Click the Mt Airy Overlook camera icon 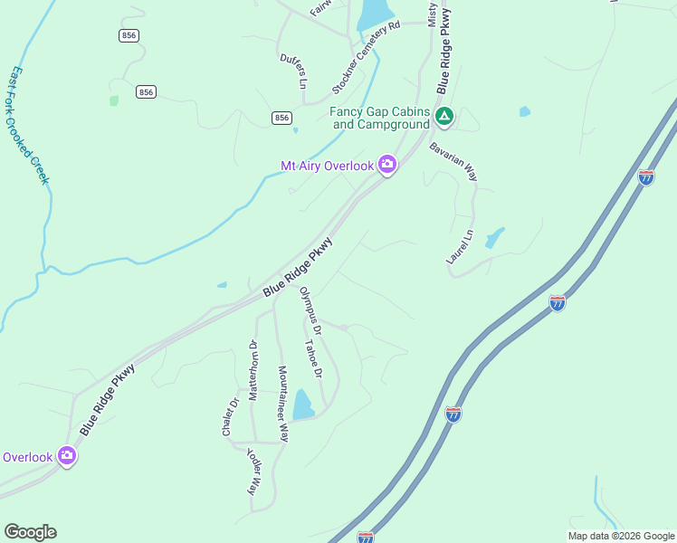[387, 165]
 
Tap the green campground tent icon [444, 116]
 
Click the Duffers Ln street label [294, 71]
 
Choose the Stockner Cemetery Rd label [366, 58]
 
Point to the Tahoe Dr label [314, 359]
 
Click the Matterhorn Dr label [254, 369]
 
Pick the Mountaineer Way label [283, 404]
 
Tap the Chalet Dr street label [230, 417]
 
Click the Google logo [30, 532]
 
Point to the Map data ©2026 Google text [621, 536]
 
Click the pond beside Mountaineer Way [302, 405]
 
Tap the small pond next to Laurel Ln [494, 238]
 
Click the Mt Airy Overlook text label [328, 166]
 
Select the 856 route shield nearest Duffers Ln [281, 119]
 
